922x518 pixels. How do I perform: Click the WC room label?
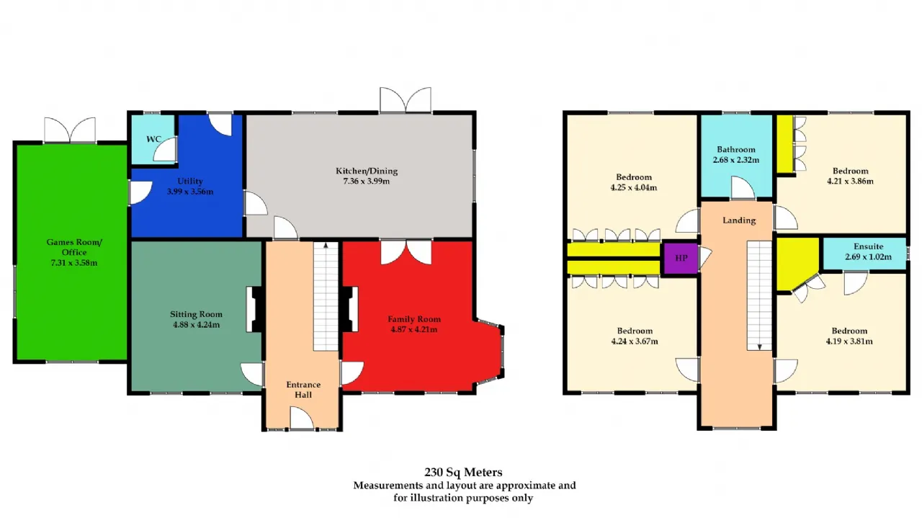tap(153, 139)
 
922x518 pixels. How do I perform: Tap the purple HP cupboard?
tap(681, 258)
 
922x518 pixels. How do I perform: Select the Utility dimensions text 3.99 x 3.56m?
tap(190, 192)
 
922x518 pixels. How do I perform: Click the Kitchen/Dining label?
tap(367, 171)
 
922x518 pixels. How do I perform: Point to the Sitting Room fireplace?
tap(255, 309)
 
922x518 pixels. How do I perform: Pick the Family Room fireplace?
tap(350, 309)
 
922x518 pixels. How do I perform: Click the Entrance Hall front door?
tap(302, 419)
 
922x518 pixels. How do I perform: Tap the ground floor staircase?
tap(326, 296)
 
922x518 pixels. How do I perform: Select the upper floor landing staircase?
tap(759, 295)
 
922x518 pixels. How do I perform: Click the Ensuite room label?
tap(869, 246)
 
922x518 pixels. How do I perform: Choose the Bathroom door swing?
tap(743, 188)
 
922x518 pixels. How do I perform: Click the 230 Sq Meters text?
tap(463, 472)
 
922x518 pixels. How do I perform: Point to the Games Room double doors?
tap(70, 130)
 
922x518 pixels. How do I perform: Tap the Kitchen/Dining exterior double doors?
tap(406, 99)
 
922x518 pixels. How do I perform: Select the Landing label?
tap(739, 220)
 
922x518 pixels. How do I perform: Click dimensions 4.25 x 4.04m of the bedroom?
tap(634, 188)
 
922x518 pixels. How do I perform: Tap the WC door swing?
tap(165, 149)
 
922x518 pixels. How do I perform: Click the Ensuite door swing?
tap(856, 283)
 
